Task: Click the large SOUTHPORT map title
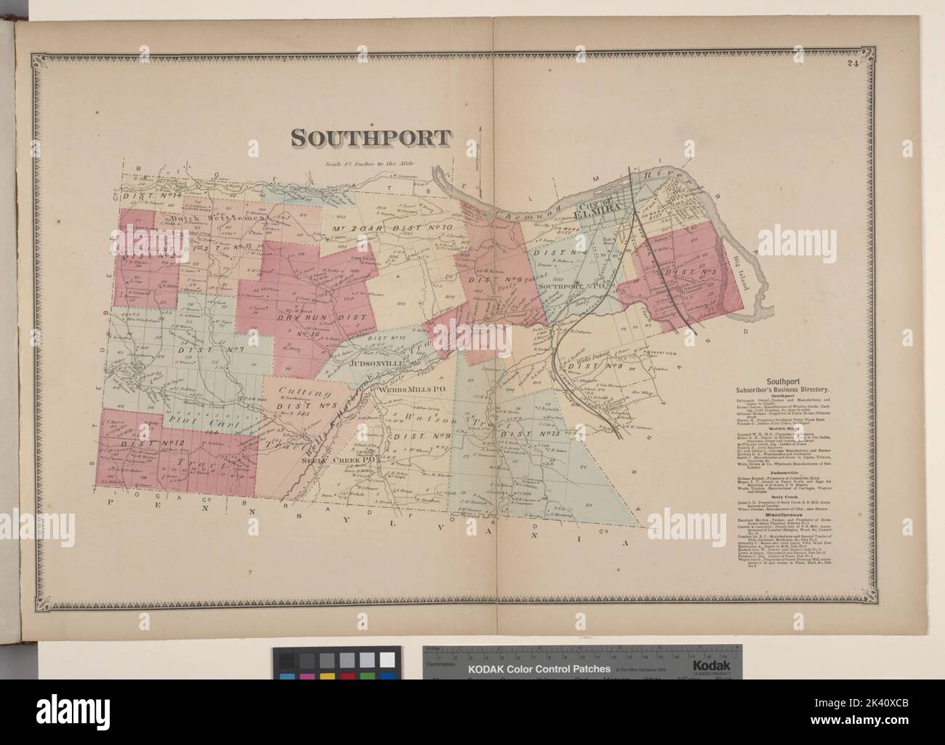371,138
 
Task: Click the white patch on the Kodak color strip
389,660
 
